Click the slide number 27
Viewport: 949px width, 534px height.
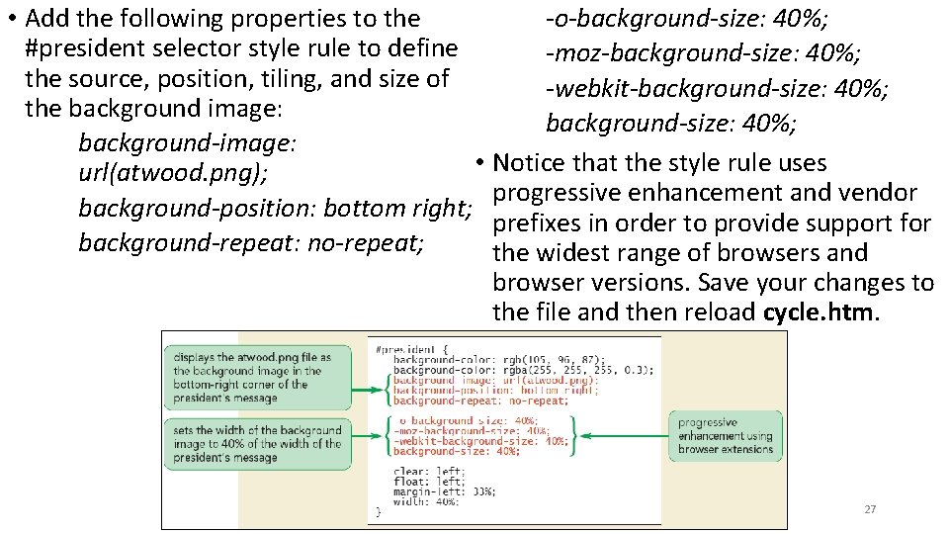[x=870, y=509]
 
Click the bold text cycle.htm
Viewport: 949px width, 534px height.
[x=820, y=312]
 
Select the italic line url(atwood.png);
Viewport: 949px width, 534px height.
[x=173, y=174]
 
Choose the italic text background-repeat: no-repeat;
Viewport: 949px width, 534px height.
[x=251, y=242]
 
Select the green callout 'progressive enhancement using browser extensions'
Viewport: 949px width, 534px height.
[x=726, y=436]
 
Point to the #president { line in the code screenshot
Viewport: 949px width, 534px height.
[x=412, y=349]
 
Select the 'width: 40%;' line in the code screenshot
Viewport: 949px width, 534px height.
[x=426, y=501]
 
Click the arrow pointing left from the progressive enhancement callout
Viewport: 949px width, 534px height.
[x=623, y=436]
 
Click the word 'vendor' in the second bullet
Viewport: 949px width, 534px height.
[x=876, y=193]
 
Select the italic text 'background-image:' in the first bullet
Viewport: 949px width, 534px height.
[x=187, y=143]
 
